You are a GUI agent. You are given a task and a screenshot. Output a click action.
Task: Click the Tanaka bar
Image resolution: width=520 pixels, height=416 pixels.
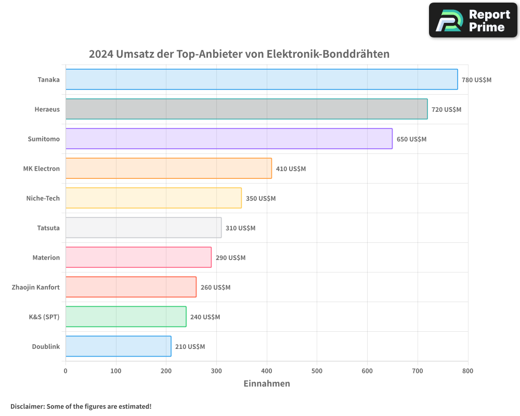click(262, 80)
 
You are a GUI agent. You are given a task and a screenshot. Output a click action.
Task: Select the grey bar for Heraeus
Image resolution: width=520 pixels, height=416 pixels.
click(246, 109)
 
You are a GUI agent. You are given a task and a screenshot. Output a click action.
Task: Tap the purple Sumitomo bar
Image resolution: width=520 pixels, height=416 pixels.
click(229, 139)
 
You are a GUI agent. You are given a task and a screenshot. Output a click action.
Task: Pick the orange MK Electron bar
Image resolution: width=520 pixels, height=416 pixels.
click(168, 168)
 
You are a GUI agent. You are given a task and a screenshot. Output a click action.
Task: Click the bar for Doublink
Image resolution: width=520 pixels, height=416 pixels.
click(118, 346)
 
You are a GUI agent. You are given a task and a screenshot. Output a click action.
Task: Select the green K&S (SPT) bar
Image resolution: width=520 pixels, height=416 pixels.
click(126, 317)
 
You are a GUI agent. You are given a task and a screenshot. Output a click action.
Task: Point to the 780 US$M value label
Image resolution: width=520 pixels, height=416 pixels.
click(476, 80)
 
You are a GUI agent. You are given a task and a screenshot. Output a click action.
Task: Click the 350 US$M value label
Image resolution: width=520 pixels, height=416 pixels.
click(261, 199)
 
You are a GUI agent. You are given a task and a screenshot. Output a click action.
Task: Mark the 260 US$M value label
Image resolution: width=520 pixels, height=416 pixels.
click(215, 288)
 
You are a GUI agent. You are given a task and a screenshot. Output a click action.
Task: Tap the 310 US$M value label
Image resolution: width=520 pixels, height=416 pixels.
click(240, 228)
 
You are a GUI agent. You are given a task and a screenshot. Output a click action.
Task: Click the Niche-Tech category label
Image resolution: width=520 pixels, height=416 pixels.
click(43, 198)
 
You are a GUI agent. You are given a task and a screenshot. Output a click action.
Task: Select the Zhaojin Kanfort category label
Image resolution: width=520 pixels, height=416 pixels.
click(35, 287)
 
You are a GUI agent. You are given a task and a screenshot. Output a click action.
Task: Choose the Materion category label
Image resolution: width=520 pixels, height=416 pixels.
click(46, 257)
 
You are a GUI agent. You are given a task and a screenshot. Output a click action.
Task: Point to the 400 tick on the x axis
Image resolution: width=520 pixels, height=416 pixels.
click(267, 371)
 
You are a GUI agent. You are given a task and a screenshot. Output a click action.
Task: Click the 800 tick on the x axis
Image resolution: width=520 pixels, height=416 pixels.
click(467, 371)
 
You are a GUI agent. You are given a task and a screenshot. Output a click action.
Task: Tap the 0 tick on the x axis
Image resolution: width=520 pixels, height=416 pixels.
click(66, 371)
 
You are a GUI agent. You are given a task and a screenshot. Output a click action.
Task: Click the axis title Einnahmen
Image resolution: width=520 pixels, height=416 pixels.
click(267, 384)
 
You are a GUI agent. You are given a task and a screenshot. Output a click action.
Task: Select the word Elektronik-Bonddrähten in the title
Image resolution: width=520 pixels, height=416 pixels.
click(328, 54)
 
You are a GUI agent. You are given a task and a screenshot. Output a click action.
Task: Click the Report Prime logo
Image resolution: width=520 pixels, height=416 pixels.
click(473, 20)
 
